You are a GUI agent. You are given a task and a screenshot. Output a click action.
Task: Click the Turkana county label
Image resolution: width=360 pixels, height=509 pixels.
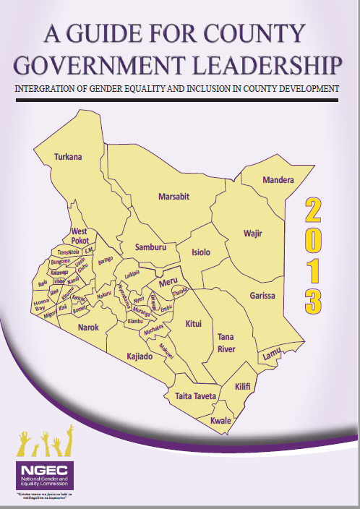pyautogui.click(x=69, y=157)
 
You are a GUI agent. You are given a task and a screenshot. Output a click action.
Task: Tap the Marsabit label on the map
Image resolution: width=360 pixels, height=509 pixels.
pyautogui.click(x=173, y=195)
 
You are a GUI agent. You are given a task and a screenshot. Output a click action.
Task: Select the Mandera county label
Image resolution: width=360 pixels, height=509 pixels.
pyautogui.click(x=278, y=179)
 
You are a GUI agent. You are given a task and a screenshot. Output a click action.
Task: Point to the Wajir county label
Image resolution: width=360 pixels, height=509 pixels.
pyautogui.click(x=252, y=234)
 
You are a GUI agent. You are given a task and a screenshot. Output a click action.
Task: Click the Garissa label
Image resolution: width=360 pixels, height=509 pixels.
pyautogui.click(x=262, y=295)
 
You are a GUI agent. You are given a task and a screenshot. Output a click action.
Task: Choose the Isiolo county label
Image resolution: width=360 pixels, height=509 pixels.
pyautogui.click(x=200, y=252)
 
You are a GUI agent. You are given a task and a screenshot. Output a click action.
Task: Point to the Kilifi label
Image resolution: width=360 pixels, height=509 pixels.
pyautogui.click(x=243, y=388)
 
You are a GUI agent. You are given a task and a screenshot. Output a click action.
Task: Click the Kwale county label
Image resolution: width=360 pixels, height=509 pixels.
pyautogui.click(x=220, y=420)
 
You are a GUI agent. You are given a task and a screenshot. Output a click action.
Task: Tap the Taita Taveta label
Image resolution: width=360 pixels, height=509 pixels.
pyautogui.click(x=195, y=395)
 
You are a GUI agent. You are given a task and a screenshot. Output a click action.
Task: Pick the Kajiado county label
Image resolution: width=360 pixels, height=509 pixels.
pyautogui.click(x=142, y=356)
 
